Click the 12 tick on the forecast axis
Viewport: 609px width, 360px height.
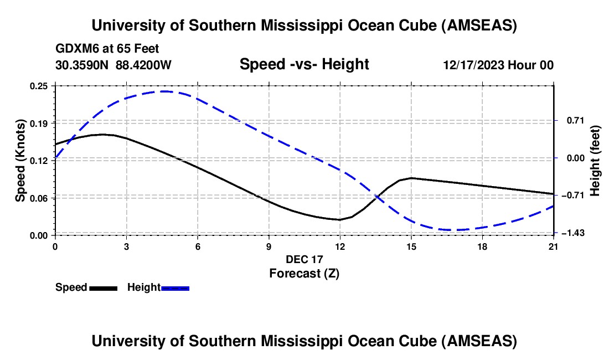pyautogui.click(x=340, y=246)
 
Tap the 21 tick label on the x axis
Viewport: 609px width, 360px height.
pyautogui.click(x=554, y=246)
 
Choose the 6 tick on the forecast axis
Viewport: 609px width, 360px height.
pyautogui.click(x=198, y=246)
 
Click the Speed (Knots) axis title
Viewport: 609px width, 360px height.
pyautogui.click(x=20, y=160)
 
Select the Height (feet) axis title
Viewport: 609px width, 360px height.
pyautogui.click(x=595, y=160)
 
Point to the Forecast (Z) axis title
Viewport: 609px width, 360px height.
pyautogui.click(x=304, y=273)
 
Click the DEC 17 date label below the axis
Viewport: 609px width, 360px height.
pyautogui.click(x=304, y=259)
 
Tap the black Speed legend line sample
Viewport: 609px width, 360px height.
pyautogui.click(x=103, y=288)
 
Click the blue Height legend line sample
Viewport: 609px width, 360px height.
pyautogui.click(x=175, y=288)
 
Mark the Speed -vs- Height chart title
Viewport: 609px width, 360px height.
pyautogui.click(x=304, y=64)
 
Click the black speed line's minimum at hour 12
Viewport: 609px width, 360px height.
pyautogui.click(x=340, y=220)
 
